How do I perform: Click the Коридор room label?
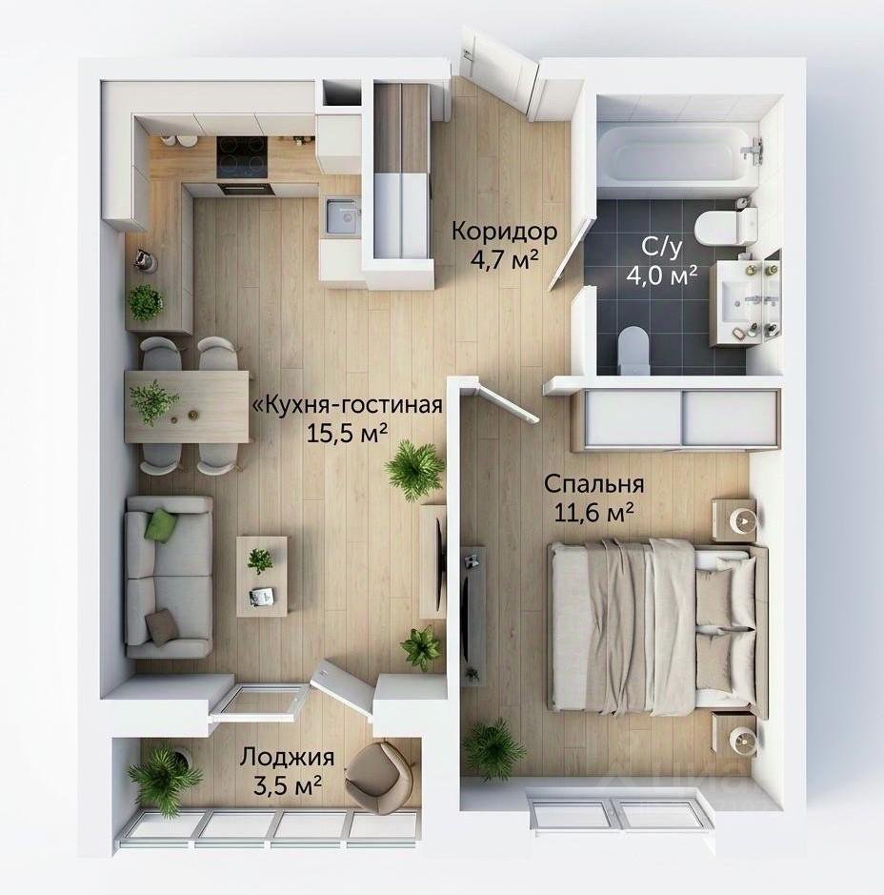(x=504, y=232)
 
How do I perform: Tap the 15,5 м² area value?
(x=348, y=434)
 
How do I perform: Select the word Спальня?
(x=593, y=484)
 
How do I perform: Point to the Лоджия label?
(x=287, y=758)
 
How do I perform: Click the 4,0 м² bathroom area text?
(x=662, y=275)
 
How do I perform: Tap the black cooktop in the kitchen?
(x=242, y=157)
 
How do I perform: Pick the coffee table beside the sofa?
(x=262, y=576)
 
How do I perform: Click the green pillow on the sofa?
(x=162, y=525)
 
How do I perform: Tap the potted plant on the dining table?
(x=152, y=402)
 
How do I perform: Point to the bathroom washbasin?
(x=738, y=301)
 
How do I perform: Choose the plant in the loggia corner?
(x=164, y=775)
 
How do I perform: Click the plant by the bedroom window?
(x=492, y=750)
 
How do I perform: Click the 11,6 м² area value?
(x=593, y=513)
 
